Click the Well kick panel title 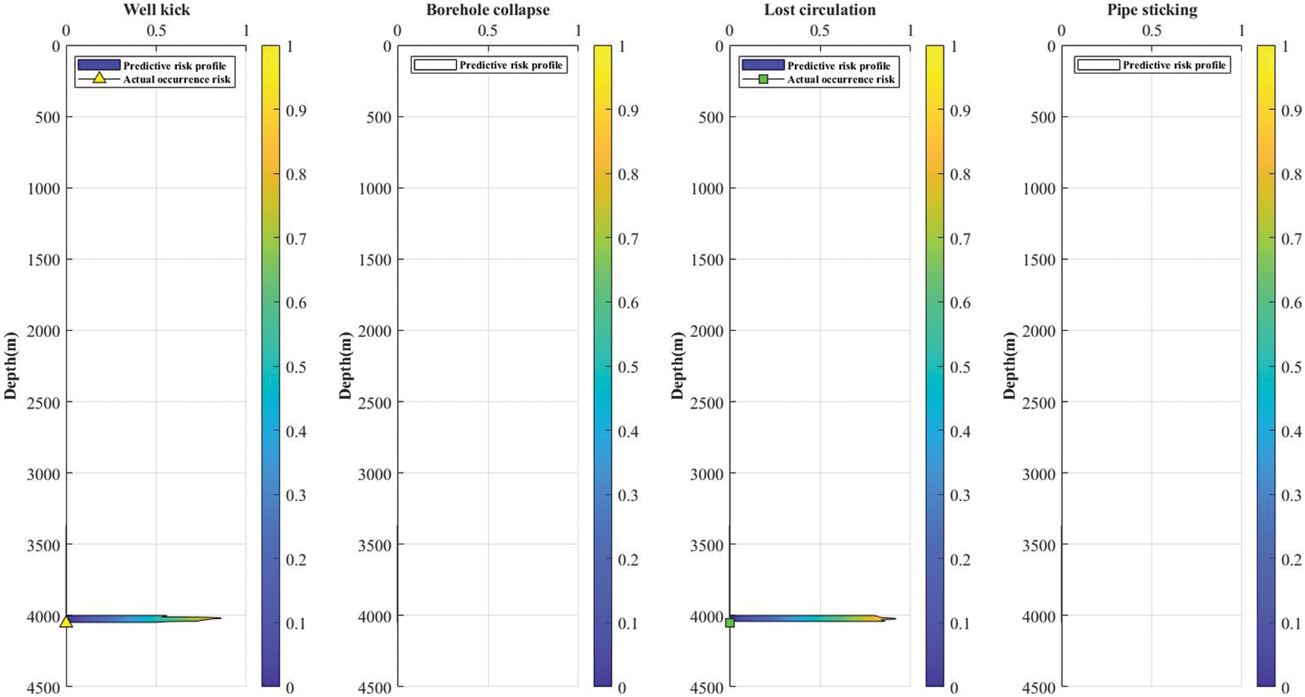pos(156,9)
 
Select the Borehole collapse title pos(487,9)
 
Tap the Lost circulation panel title pos(819,9)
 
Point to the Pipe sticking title pos(1151,9)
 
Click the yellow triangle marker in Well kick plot pos(66,621)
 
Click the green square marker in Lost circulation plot pos(729,623)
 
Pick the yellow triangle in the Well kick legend pos(99,78)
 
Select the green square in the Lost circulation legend pos(763,79)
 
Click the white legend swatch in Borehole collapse pos(435,65)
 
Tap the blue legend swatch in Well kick pos(99,65)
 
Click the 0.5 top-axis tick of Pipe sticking pos(1151,31)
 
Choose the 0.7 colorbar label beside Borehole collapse pos(628,239)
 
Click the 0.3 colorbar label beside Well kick pos(296,495)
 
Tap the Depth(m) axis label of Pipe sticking pos(1009,365)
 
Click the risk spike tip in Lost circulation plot pos(895,618)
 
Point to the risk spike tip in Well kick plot pos(220,617)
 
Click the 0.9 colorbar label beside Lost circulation pos(960,110)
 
